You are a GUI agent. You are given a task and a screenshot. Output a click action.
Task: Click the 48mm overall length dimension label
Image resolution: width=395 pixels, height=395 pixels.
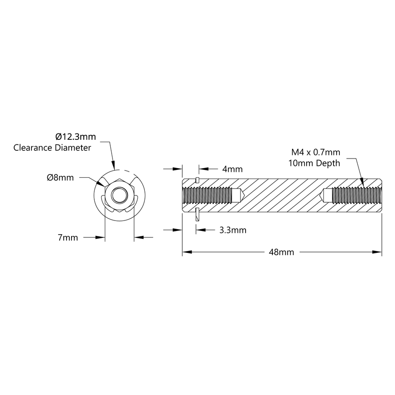coord(282,252)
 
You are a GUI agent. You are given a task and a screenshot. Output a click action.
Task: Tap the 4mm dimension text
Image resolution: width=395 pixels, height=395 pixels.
coord(232,169)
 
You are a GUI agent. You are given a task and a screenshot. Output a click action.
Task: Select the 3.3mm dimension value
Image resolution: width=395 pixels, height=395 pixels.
coord(232,230)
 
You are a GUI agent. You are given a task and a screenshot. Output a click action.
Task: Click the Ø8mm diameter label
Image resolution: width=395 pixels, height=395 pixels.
coord(60,178)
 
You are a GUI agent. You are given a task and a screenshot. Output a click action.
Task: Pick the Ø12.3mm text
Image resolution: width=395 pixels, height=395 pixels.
coord(76,136)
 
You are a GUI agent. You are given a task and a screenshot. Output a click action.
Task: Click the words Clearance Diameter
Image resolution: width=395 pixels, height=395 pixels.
coord(52,148)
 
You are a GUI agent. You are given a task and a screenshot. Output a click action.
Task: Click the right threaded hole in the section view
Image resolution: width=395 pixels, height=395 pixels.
coord(354,196)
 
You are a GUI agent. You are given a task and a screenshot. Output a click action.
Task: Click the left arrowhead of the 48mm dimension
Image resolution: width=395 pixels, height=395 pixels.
coord(185,252)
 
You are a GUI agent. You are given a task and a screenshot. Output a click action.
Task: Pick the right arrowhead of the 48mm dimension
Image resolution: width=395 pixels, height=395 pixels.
coord(379,252)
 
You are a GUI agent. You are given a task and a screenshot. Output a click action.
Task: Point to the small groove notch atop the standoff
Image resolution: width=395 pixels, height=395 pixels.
coord(196,179)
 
